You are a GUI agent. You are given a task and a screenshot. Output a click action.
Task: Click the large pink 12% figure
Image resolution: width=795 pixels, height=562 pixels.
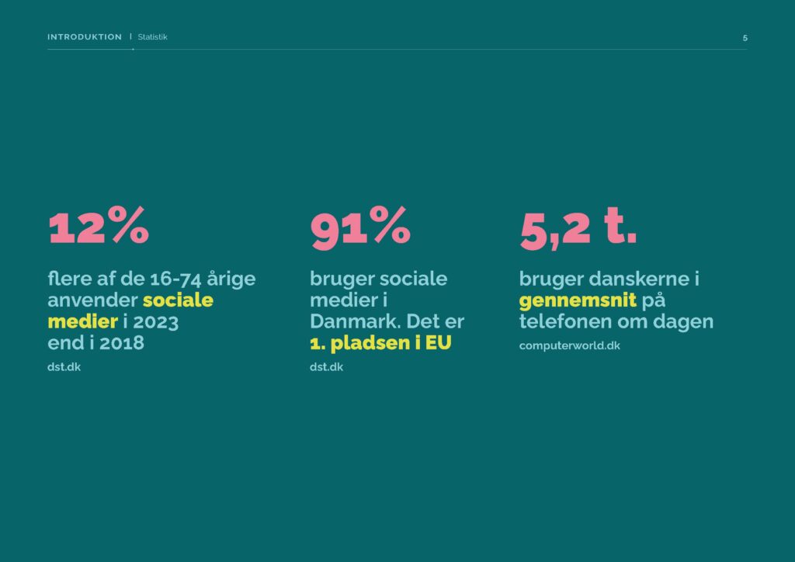point(99,225)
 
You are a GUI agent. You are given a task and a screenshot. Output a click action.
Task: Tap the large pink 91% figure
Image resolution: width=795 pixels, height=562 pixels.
point(360,227)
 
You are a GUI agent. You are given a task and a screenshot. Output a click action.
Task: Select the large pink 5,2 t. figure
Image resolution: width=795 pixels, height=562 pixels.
point(578,228)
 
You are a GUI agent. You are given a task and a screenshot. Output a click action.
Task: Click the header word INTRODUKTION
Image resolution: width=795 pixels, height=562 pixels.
point(85,37)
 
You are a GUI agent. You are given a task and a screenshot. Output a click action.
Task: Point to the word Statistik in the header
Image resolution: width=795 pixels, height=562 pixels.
point(152,37)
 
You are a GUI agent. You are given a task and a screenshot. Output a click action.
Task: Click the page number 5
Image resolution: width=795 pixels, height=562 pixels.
point(745,38)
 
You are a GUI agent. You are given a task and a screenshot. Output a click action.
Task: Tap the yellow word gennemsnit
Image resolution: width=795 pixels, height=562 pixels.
point(578,301)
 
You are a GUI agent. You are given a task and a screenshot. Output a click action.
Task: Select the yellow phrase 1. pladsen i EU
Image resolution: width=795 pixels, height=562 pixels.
point(380,343)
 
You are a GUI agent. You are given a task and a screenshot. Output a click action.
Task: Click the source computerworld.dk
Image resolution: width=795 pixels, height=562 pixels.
point(569,345)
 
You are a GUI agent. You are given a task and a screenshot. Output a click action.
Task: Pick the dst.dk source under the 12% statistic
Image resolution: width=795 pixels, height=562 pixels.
point(64,367)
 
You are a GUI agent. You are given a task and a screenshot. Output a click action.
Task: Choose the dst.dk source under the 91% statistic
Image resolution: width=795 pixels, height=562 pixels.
point(326,367)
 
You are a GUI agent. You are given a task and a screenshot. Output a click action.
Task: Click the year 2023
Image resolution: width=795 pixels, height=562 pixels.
point(155,322)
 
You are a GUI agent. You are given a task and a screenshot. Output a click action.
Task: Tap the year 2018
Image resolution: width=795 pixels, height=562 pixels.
point(122,343)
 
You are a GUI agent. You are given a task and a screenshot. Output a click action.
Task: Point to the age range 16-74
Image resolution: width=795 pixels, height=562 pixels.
point(175,279)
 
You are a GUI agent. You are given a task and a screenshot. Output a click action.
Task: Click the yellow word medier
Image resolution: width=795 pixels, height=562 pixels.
point(82,321)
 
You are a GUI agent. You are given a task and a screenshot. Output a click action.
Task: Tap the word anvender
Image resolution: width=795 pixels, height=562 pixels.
point(92,300)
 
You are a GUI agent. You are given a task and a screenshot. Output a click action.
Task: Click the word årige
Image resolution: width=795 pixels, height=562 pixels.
point(231,279)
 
